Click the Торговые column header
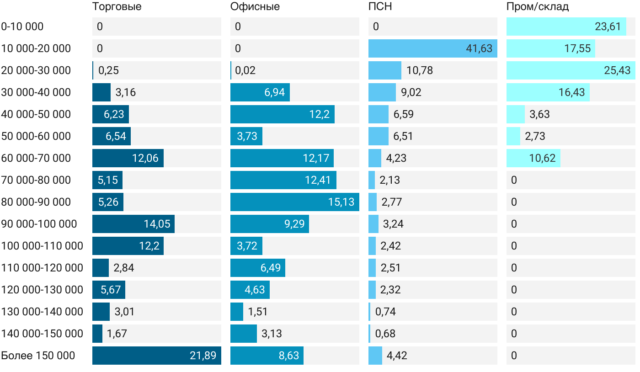tap(117, 7)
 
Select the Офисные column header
tap(255, 7)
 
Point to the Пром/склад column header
tap(538, 7)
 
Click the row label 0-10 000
tap(22, 27)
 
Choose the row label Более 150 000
tap(38, 356)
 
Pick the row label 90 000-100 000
tap(39, 224)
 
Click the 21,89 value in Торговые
tap(203, 356)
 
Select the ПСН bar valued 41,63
tap(432, 48)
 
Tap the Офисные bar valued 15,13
tap(294, 202)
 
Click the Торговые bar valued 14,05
tap(133, 224)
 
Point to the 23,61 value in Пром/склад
tap(608, 27)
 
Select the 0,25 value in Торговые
tap(109, 70)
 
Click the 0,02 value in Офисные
tap(245, 70)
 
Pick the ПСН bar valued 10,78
tap(385, 70)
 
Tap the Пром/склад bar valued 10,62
tap(533, 158)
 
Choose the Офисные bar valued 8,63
tap(267, 356)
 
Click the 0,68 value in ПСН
tap(385, 334)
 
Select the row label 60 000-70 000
tap(36, 158)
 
